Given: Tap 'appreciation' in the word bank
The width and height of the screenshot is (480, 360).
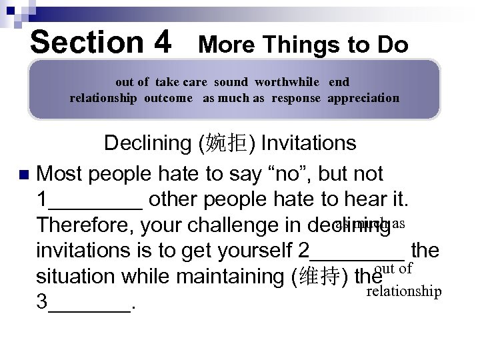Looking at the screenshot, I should pyautogui.click(x=363, y=98).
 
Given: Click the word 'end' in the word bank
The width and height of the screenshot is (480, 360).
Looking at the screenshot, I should pyautogui.click(x=339, y=82).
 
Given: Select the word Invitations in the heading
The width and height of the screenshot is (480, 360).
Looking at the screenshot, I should pyautogui.click(x=309, y=144).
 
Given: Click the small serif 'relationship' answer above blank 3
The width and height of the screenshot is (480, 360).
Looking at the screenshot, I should pyautogui.click(x=405, y=291).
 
